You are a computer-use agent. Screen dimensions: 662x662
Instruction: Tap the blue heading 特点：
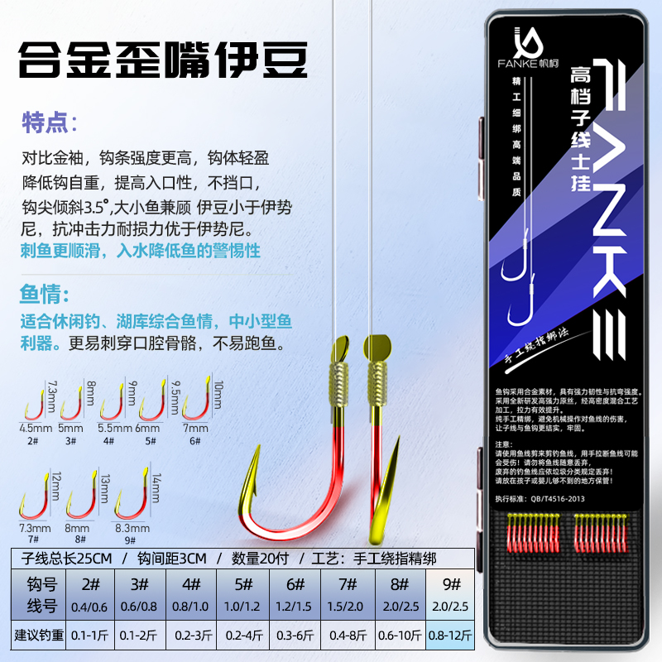(49, 123)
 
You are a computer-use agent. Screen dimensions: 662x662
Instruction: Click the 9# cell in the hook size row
(452, 583)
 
